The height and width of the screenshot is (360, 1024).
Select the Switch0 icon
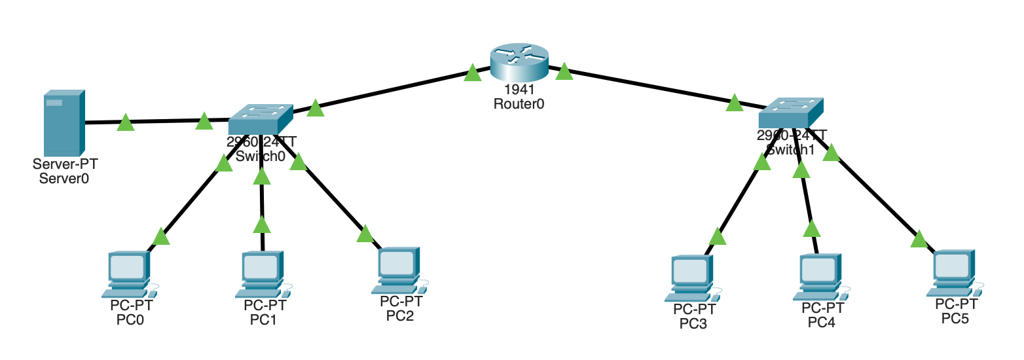260,118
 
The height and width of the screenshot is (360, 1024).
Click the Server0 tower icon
64,123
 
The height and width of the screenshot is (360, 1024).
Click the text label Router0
519,103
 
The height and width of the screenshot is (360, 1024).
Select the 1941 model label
519,90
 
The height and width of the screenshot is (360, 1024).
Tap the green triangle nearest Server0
125,122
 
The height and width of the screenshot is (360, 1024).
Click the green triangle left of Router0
473,73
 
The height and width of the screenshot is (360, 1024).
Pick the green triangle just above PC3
718,236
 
